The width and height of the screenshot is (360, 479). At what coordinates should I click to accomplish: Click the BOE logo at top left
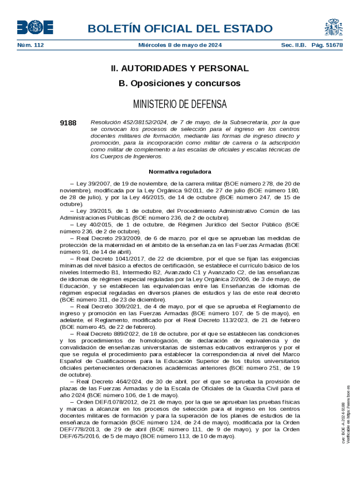[35, 28]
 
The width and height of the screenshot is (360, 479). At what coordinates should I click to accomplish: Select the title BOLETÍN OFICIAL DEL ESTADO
[180, 29]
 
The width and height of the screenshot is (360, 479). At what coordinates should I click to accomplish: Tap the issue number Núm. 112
[30, 45]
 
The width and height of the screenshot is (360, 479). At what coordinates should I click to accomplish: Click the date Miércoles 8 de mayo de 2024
[180, 45]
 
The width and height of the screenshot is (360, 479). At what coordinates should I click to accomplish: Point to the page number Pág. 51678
[327, 45]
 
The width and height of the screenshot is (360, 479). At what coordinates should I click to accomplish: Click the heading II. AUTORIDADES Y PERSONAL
[180, 68]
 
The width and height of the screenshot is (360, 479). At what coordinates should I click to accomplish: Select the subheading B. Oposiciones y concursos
[180, 84]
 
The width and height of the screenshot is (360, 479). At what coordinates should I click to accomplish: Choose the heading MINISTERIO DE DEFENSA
[180, 103]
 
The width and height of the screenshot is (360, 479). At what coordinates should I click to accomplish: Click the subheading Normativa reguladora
[180, 172]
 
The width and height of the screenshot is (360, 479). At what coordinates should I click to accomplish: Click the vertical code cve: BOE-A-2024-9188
[344, 423]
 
